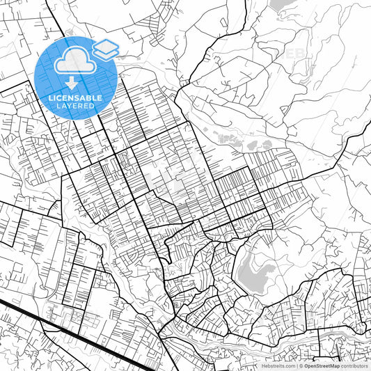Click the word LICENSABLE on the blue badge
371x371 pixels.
click(x=75, y=98)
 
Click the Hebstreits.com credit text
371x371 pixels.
click(x=276, y=365)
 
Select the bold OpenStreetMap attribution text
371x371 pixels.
click(x=321, y=365)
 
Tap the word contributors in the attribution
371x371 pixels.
click(x=354, y=365)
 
